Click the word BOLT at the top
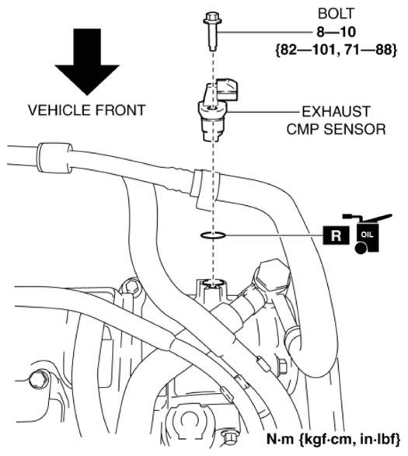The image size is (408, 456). tap(336, 14)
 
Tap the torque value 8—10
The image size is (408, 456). tap(336, 32)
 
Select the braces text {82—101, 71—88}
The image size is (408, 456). tap(336, 50)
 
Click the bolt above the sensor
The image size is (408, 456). tap(212, 31)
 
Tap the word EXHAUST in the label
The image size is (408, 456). tap(336, 112)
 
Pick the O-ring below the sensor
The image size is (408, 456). tap(213, 235)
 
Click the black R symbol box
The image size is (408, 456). tap(336, 235)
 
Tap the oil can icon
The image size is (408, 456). tap(368, 234)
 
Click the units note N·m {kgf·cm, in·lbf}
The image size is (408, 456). tap(333, 440)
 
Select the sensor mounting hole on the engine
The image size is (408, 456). tap(213, 283)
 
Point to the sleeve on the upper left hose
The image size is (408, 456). tap(54, 158)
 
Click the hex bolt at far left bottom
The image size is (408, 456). tap(38, 379)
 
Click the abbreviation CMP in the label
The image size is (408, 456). tap(303, 130)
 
